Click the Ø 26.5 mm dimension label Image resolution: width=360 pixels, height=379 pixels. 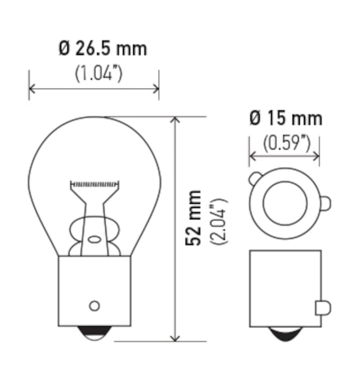coord(103,49)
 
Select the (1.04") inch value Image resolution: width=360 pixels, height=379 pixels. coord(98,73)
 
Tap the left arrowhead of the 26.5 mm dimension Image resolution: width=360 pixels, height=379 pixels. coord(31,88)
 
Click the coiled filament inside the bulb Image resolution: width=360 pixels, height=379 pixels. coord(95,184)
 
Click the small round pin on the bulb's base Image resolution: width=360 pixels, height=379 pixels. coord(94,306)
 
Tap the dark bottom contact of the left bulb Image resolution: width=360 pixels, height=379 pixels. coord(94,334)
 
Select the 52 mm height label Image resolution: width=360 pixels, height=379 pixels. coord(194,218)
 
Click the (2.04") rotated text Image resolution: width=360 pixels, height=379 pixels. coord(220,221)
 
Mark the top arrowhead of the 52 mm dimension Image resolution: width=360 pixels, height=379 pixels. coord(176,120)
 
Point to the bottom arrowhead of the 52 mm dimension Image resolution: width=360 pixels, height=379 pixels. coord(176,338)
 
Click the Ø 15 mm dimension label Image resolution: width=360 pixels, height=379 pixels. coord(286,119)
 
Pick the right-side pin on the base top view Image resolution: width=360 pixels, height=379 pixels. coord(326,204)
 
